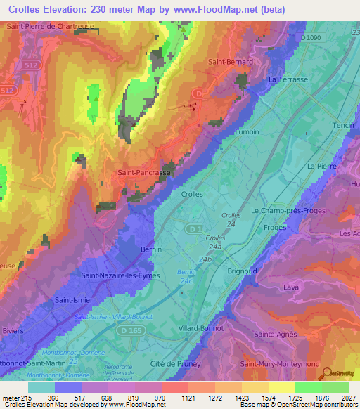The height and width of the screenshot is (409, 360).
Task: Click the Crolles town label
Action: [x=192, y=194]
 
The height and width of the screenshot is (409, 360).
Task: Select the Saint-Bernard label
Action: [x=231, y=62]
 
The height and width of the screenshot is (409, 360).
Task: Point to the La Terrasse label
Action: [x=288, y=80]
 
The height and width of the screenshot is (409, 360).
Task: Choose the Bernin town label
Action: [x=151, y=249]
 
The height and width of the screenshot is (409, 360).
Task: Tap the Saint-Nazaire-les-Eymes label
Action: [x=121, y=276]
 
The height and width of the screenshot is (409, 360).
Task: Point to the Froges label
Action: [x=275, y=228]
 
